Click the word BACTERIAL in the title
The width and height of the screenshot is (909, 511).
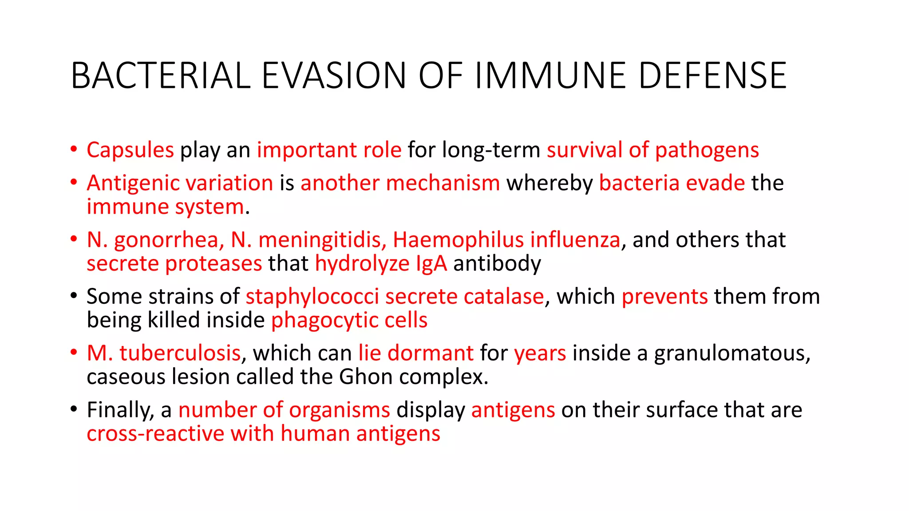tap(161, 75)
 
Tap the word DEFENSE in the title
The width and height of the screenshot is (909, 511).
tap(712, 75)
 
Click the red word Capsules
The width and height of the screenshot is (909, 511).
tap(130, 150)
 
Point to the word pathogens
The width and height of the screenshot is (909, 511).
tap(707, 150)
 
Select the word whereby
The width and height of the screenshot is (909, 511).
tap(549, 183)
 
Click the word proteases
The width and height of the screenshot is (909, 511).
tap(213, 263)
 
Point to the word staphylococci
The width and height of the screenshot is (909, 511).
tap(312, 296)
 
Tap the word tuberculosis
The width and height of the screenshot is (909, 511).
tap(180, 353)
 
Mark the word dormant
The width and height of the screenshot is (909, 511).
tap(431, 353)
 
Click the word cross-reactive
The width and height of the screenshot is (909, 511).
tap(155, 433)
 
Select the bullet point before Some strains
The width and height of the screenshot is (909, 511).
tap(74, 296)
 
